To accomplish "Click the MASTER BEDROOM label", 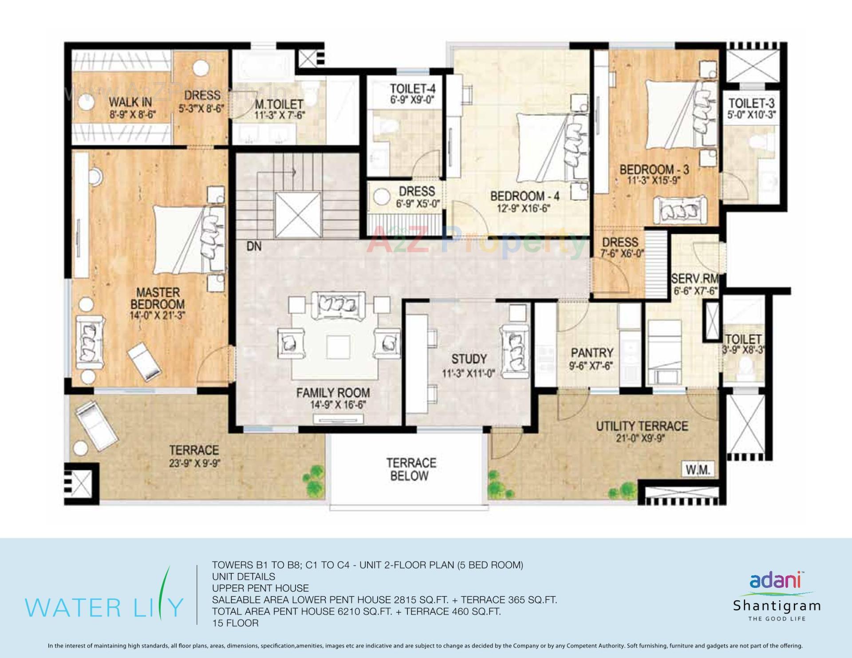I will pyautogui.click(x=158, y=299).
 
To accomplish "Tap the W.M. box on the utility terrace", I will pyautogui.click(x=698, y=469).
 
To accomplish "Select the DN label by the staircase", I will pyautogui.click(x=254, y=247).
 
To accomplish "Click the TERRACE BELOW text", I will pyautogui.click(x=411, y=469).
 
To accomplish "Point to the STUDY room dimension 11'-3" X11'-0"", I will pyautogui.click(x=468, y=374).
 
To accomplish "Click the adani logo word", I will pyautogui.click(x=775, y=580).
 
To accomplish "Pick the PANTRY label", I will pyautogui.click(x=592, y=353).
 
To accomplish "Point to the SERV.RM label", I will pyautogui.click(x=694, y=279).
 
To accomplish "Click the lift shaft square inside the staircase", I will pyautogui.click(x=297, y=216).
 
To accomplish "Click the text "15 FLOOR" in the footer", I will pyautogui.click(x=235, y=623).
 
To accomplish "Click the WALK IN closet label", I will pyautogui.click(x=130, y=102).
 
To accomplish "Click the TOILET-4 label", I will pyautogui.click(x=412, y=88).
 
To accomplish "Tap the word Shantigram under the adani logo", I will pyautogui.click(x=777, y=606).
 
